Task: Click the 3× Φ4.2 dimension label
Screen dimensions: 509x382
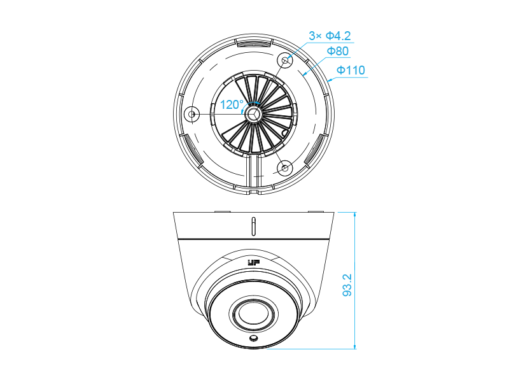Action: pos(330,36)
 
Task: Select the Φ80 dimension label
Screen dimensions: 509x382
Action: pos(338,51)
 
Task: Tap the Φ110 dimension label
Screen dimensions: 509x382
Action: pos(351,70)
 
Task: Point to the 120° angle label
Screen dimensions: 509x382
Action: pos(232,104)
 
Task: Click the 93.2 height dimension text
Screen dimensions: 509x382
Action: pos(347,285)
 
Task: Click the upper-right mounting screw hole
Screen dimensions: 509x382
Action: pos(284,60)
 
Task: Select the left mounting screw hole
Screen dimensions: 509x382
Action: pos(192,114)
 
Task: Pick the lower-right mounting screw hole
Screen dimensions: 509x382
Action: pos(284,168)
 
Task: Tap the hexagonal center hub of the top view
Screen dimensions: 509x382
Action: pos(254,114)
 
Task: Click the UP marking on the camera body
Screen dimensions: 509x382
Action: pos(254,263)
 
